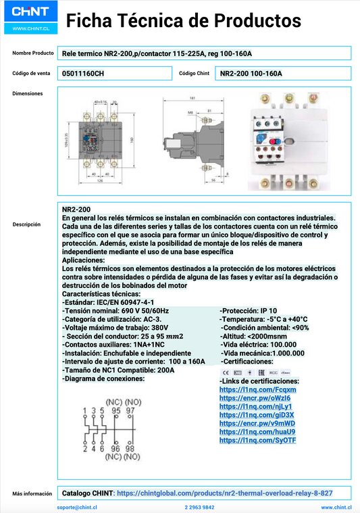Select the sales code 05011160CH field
83,73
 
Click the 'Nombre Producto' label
32,53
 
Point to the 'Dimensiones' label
28,93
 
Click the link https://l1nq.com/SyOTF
257,440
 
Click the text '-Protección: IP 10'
249,310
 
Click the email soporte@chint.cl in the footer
76,506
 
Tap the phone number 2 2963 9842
199,506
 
